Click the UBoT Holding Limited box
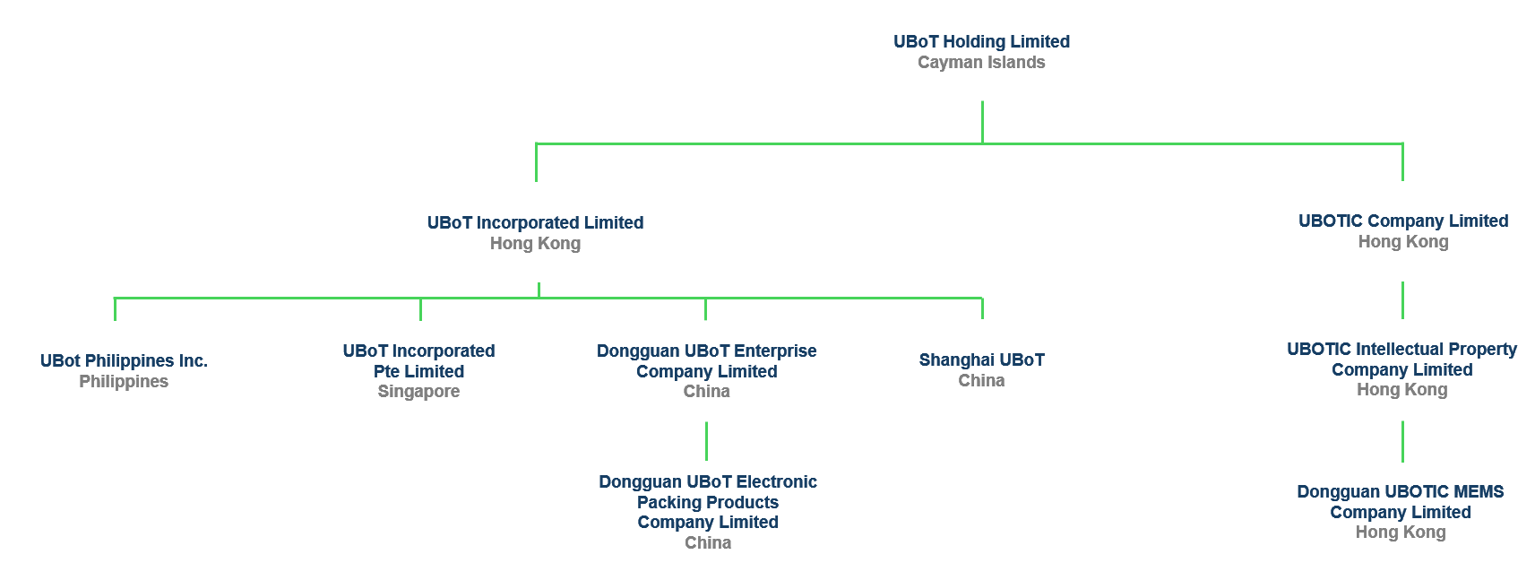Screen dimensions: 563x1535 pyautogui.click(x=981, y=50)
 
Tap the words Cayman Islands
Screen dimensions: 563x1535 pyautogui.click(x=981, y=63)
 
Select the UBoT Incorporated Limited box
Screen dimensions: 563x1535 pyautogui.click(x=535, y=232)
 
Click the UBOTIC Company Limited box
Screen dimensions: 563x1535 pyautogui.click(x=1401, y=231)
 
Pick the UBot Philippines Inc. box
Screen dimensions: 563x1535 pyautogui.click(x=122, y=371)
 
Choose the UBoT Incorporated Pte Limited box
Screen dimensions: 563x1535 pyautogui.click(x=418, y=371)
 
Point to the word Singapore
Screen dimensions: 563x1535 pyautogui.click(x=418, y=392)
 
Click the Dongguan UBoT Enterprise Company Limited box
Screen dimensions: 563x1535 pyautogui.click(x=708, y=371)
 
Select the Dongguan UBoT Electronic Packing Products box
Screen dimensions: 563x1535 pyautogui.click(x=708, y=511)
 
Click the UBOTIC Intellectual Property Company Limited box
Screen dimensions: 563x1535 pyautogui.click(x=1401, y=369)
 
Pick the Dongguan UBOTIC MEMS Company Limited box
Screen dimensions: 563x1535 pyautogui.click(x=1401, y=513)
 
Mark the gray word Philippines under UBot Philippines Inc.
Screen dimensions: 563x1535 pyautogui.click(x=124, y=382)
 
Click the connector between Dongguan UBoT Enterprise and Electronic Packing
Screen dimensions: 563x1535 pyautogui.click(x=706, y=441)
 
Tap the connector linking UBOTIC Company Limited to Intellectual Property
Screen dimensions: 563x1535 pyautogui.click(x=1402, y=300)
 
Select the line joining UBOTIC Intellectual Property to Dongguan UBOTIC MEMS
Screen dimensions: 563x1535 pyautogui.click(x=1402, y=441)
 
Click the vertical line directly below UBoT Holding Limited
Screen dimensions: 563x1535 pyautogui.click(x=982, y=121)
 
